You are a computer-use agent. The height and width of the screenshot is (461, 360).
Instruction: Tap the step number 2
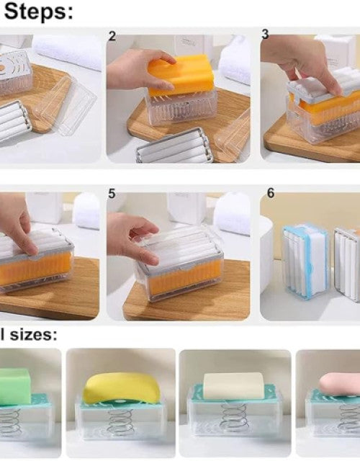pos(112,36)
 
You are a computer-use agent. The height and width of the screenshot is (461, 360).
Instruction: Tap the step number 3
pos(265,35)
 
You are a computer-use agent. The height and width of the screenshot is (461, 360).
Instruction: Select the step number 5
pos(112,194)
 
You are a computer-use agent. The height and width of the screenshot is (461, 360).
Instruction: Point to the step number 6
pos(270,194)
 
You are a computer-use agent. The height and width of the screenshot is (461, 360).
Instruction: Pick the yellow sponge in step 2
pos(181,76)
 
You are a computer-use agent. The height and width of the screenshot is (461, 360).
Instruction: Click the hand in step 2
pos(137,70)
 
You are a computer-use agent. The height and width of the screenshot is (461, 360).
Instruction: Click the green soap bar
pos(14,388)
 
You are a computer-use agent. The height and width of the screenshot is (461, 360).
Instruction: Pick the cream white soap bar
pos(235,386)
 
